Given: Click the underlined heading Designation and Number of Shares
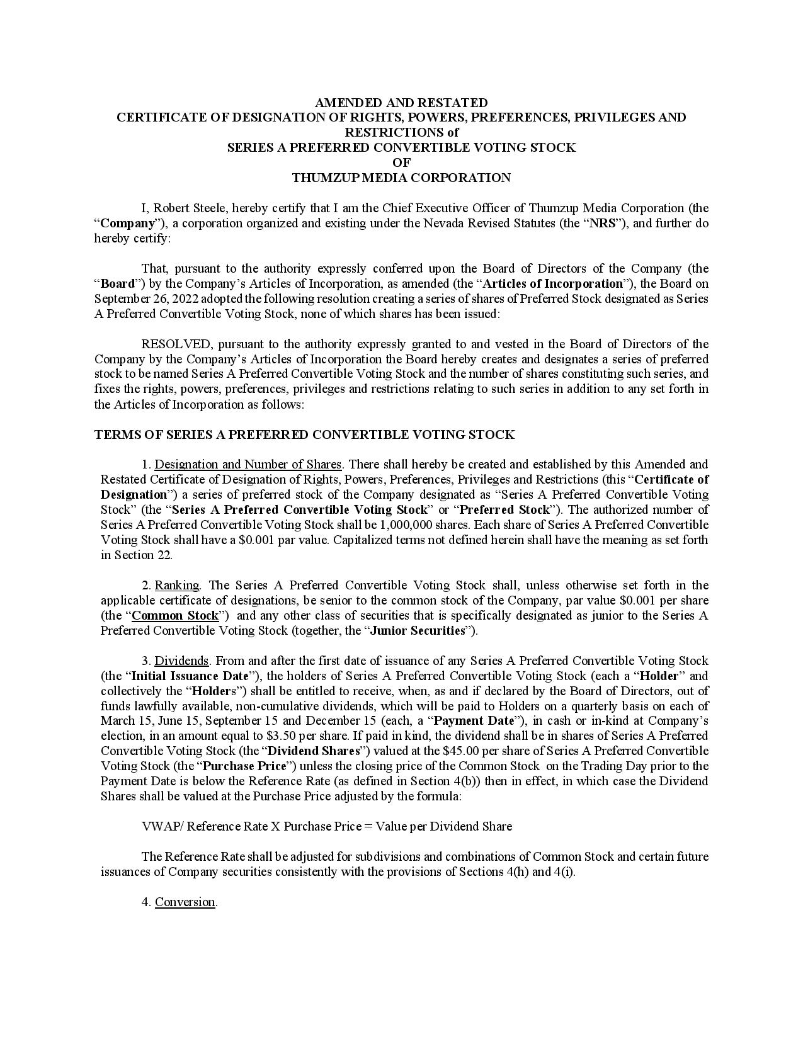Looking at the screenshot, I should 248,465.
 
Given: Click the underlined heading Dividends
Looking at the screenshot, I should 181,661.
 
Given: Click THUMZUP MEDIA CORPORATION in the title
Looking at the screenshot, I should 401,178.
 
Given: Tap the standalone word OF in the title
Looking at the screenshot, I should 401,163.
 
